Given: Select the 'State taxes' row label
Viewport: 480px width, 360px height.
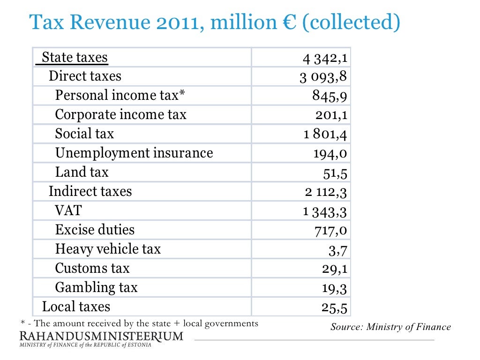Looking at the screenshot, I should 75,57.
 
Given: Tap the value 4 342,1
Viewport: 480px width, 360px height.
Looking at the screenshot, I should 324,58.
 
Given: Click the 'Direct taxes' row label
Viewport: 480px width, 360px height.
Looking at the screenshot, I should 85,76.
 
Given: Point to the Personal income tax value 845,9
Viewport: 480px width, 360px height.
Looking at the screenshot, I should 330,96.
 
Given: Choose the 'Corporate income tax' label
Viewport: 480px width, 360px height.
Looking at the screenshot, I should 120,115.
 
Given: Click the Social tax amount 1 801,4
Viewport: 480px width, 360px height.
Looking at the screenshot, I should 325,135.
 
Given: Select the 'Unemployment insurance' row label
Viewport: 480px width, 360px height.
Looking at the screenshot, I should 134,153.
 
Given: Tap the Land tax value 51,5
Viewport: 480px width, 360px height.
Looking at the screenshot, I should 335,173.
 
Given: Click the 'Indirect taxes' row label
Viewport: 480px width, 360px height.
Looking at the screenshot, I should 90,191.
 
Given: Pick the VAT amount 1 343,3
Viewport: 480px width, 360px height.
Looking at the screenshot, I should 325,211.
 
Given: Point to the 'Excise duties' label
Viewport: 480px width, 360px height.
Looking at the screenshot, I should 95,230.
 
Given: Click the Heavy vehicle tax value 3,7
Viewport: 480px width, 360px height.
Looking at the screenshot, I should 337,250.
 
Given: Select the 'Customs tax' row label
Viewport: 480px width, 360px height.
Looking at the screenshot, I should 92,268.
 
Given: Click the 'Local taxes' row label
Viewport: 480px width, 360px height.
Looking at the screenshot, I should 76,307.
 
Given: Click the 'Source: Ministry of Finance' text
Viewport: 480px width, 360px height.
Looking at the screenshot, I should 390,327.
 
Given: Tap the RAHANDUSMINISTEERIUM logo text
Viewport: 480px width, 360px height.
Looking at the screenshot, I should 101,336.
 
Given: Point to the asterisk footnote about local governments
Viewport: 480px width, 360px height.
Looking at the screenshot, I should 139,323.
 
